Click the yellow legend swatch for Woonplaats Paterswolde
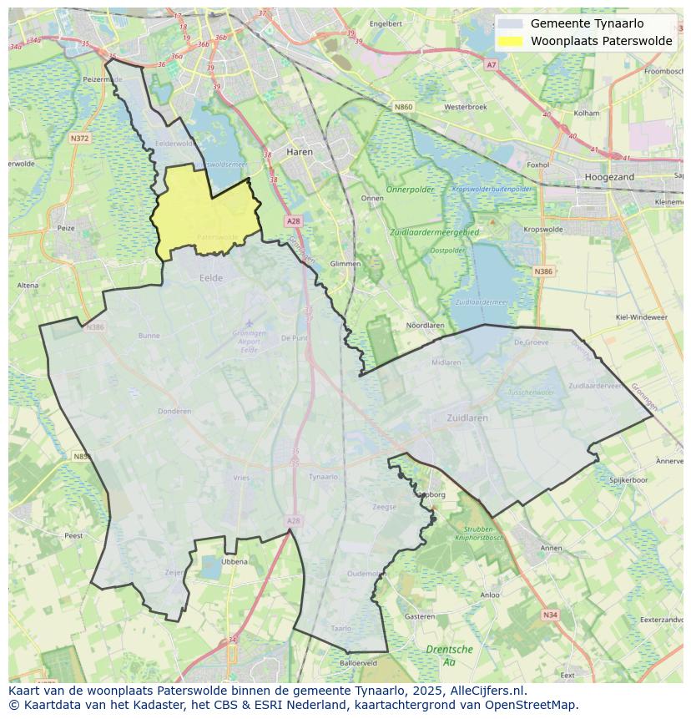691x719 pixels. [x=511, y=41]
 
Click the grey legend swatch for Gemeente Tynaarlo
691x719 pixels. [x=511, y=23]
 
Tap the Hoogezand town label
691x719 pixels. [x=609, y=177]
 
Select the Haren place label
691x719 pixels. [x=299, y=152]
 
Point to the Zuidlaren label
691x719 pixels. [x=466, y=417]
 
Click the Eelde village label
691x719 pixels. [x=211, y=278]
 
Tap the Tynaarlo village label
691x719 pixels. [x=323, y=477]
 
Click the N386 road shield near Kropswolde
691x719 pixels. [x=543, y=271]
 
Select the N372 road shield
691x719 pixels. [x=79, y=138]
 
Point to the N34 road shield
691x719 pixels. [x=549, y=615]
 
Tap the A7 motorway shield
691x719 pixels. [x=491, y=64]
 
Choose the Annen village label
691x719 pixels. [x=551, y=549]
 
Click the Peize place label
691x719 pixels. [x=65, y=227]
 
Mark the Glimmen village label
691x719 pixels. [x=345, y=264]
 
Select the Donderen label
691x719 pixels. [x=174, y=411]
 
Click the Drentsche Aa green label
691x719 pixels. [x=449, y=655]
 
